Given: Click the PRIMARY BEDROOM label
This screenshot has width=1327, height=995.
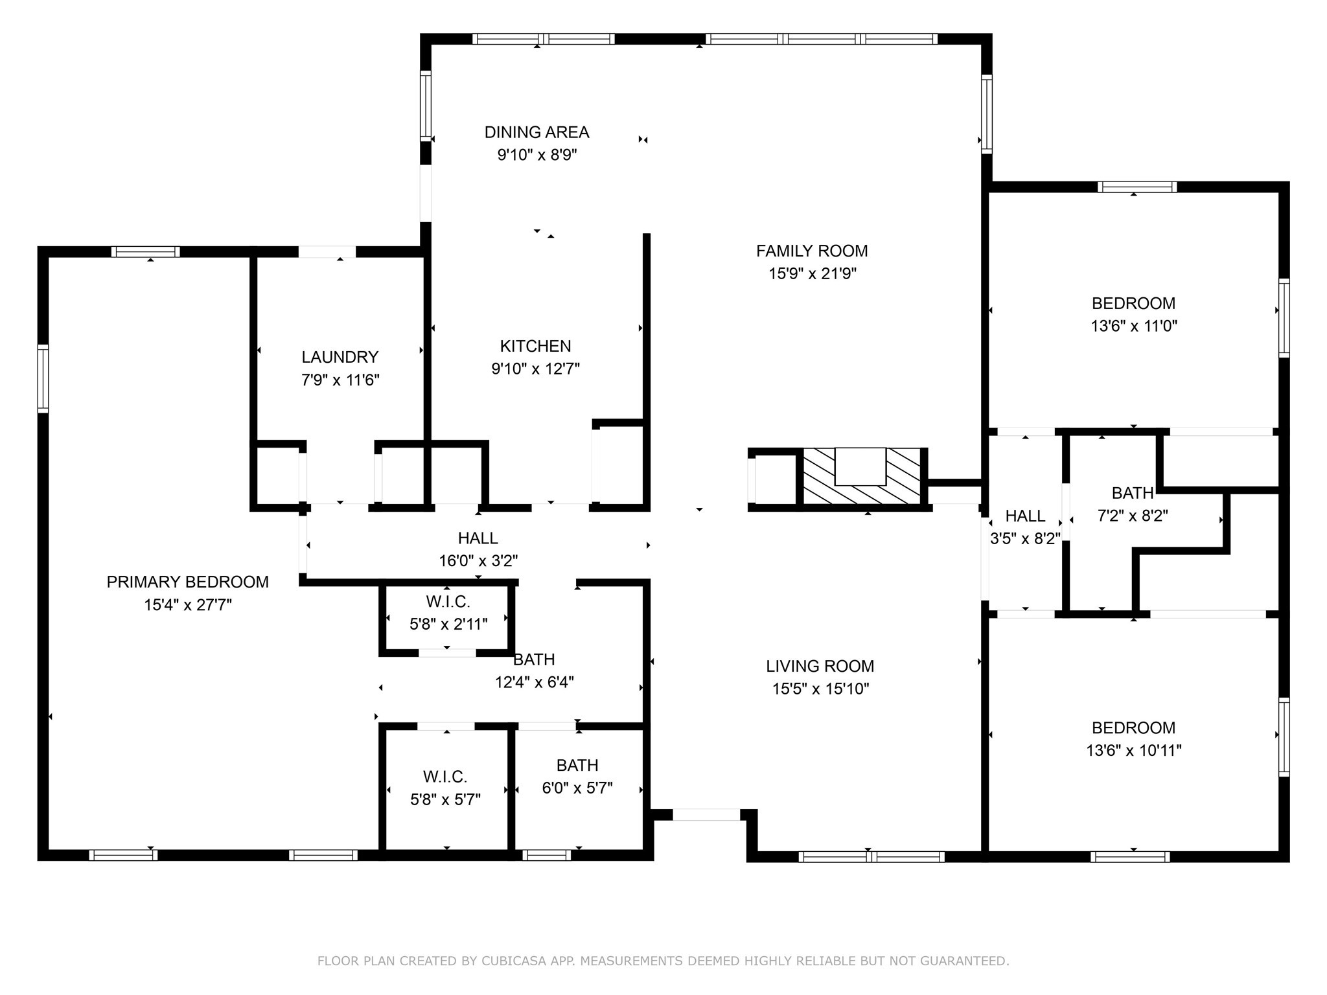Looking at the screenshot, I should pyautogui.click(x=187, y=582).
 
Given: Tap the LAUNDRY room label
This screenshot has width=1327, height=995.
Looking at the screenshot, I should pyautogui.click(x=340, y=357).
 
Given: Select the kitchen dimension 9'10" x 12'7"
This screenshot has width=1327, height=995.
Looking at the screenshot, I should pyautogui.click(x=535, y=369).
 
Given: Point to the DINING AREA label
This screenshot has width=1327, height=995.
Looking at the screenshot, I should pyautogui.click(x=537, y=132).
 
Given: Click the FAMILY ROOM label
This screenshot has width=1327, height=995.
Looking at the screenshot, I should pyautogui.click(x=812, y=251).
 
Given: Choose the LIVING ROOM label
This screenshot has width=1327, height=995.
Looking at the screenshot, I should pyautogui.click(x=820, y=666).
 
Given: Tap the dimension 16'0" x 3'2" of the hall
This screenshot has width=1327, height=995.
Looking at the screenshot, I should pyautogui.click(x=478, y=560).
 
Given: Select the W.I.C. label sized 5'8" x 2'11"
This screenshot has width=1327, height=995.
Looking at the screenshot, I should pyautogui.click(x=448, y=602).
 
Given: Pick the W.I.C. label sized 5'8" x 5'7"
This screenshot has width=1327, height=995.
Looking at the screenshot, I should pyautogui.click(x=445, y=776).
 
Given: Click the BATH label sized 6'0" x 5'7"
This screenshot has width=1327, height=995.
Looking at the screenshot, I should pyautogui.click(x=577, y=765).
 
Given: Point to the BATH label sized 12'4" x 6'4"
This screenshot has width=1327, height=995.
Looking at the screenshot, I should pyautogui.click(x=534, y=659).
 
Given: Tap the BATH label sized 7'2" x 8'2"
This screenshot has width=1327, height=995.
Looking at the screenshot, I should pyautogui.click(x=1132, y=493).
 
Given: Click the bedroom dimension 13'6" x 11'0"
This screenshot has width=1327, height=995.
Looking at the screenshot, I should pyautogui.click(x=1133, y=326).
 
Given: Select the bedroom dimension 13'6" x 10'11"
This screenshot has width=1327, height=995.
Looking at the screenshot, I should pyautogui.click(x=1133, y=750).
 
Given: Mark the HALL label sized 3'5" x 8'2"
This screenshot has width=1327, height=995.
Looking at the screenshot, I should pyautogui.click(x=1025, y=516).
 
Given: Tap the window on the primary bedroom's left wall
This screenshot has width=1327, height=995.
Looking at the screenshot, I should pyautogui.click(x=43, y=379).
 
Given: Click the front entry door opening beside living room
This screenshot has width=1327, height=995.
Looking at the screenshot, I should pyautogui.click(x=706, y=814).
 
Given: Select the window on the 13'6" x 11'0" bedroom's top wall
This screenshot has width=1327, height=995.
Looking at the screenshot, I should pyautogui.click(x=1137, y=187).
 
